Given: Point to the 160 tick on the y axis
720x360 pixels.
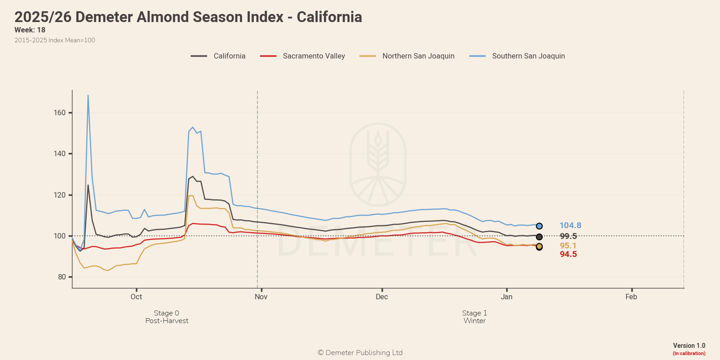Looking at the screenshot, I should click(x=60, y=112).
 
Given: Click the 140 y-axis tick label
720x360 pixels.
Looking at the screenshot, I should click(x=60, y=153).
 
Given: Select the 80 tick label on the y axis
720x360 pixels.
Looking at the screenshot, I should click(x=62, y=277).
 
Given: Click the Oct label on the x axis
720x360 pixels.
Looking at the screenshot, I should click(x=136, y=297).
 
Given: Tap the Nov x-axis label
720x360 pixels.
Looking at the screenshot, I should click(x=261, y=297).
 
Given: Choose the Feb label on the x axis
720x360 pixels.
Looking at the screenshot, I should click(x=631, y=297).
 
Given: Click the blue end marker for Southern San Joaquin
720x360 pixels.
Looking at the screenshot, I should click(x=539, y=226).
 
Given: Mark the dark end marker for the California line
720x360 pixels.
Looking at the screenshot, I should click(x=539, y=237).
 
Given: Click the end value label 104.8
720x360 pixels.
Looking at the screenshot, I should click(x=570, y=225).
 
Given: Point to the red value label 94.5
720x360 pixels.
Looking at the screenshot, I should click(x=568, y=254).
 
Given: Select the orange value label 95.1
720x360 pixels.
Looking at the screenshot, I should click(x=568, y=246).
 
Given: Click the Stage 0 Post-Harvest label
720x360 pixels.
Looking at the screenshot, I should click(x=166, y=317).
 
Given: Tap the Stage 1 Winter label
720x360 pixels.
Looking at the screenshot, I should click(x=475, y=317).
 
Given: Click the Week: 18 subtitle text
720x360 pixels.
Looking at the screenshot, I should click(x=30, y=30).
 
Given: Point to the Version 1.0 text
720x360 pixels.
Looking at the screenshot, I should click(x=689, y=346).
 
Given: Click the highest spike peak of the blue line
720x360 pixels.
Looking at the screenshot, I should click(x=88, y=95).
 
